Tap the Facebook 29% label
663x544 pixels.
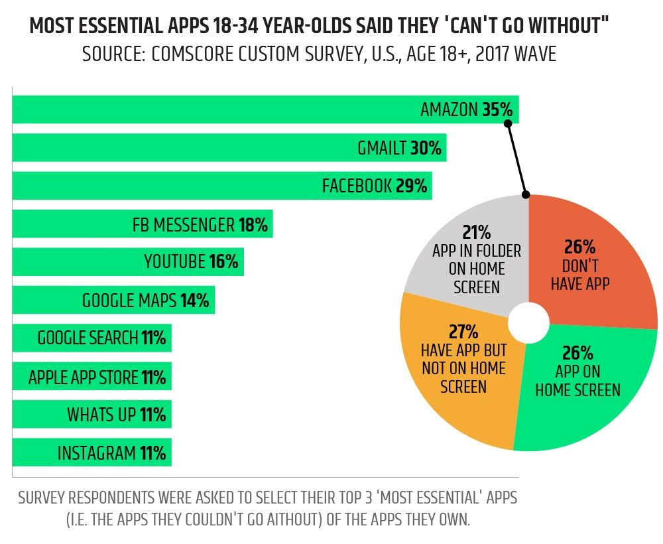coord(374,186)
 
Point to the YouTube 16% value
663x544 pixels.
coord(223,262)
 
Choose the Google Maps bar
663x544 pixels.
coord(113,301)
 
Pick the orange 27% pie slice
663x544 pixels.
coord(457,372)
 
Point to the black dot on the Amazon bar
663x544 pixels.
coord(508,123)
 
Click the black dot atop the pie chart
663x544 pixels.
coord(526,195)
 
